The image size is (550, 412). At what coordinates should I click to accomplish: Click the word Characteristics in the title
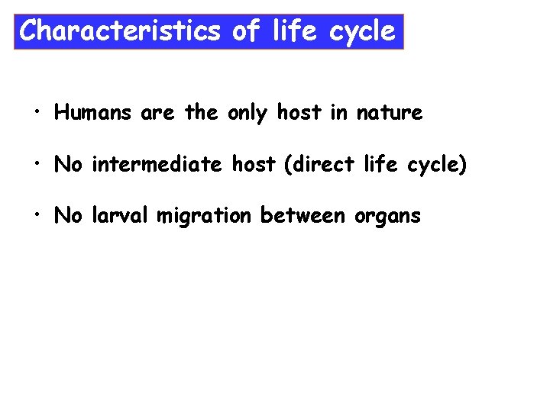118,31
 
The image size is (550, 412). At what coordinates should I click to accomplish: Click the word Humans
95,114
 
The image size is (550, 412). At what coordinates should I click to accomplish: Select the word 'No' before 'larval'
68,216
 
